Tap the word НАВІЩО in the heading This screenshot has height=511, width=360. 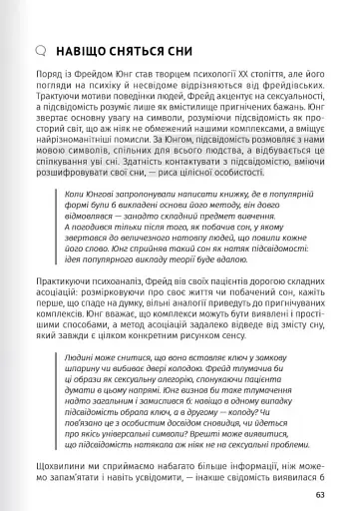point(85,49)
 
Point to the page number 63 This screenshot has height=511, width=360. point(319,493)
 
